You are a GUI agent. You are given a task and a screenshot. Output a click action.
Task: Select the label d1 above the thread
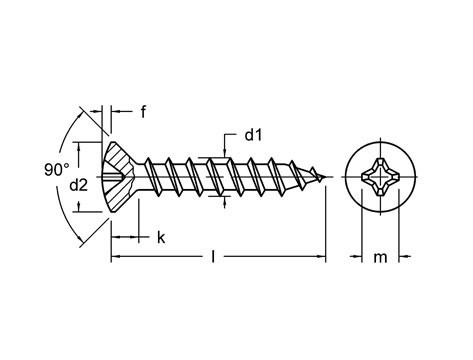pos(253,133)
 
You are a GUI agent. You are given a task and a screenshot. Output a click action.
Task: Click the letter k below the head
pos(159,237)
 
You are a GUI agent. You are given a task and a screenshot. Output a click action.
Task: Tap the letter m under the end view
pos(380,258)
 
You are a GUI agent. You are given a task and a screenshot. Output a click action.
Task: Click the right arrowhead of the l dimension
pos(321,258)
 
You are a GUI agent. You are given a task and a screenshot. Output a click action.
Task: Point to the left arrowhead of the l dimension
pos(114,258)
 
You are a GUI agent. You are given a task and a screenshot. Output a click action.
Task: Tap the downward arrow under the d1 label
pos(227,152)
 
